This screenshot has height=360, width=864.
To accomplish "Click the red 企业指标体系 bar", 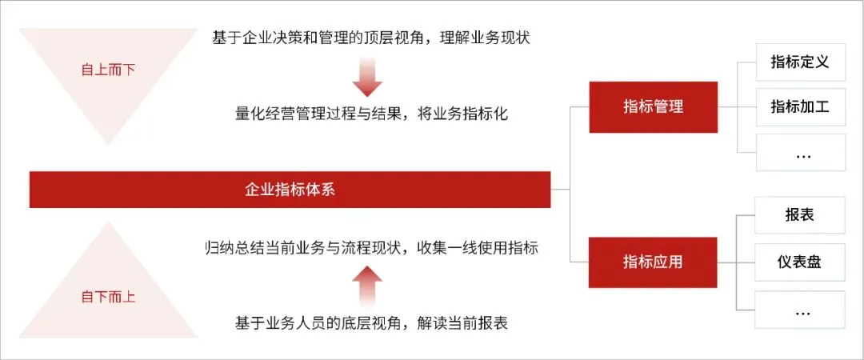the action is click(290, 190).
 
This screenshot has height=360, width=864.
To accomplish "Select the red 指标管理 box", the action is click(653, 106).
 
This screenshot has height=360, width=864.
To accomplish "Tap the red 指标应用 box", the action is click(653, 262).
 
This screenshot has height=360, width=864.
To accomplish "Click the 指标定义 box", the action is click(800, 62).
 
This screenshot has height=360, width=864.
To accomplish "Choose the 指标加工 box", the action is click(800, 107).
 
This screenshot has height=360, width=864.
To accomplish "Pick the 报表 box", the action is click(800, 216).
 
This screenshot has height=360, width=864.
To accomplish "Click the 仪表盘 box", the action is click(800, 262).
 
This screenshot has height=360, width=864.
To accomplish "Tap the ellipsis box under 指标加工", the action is click(800, 153).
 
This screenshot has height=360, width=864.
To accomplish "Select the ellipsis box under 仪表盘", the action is click(800, 310).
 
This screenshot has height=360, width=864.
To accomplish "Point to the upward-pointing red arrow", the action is click(368, 283).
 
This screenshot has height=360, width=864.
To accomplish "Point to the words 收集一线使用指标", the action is click(478, 247).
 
